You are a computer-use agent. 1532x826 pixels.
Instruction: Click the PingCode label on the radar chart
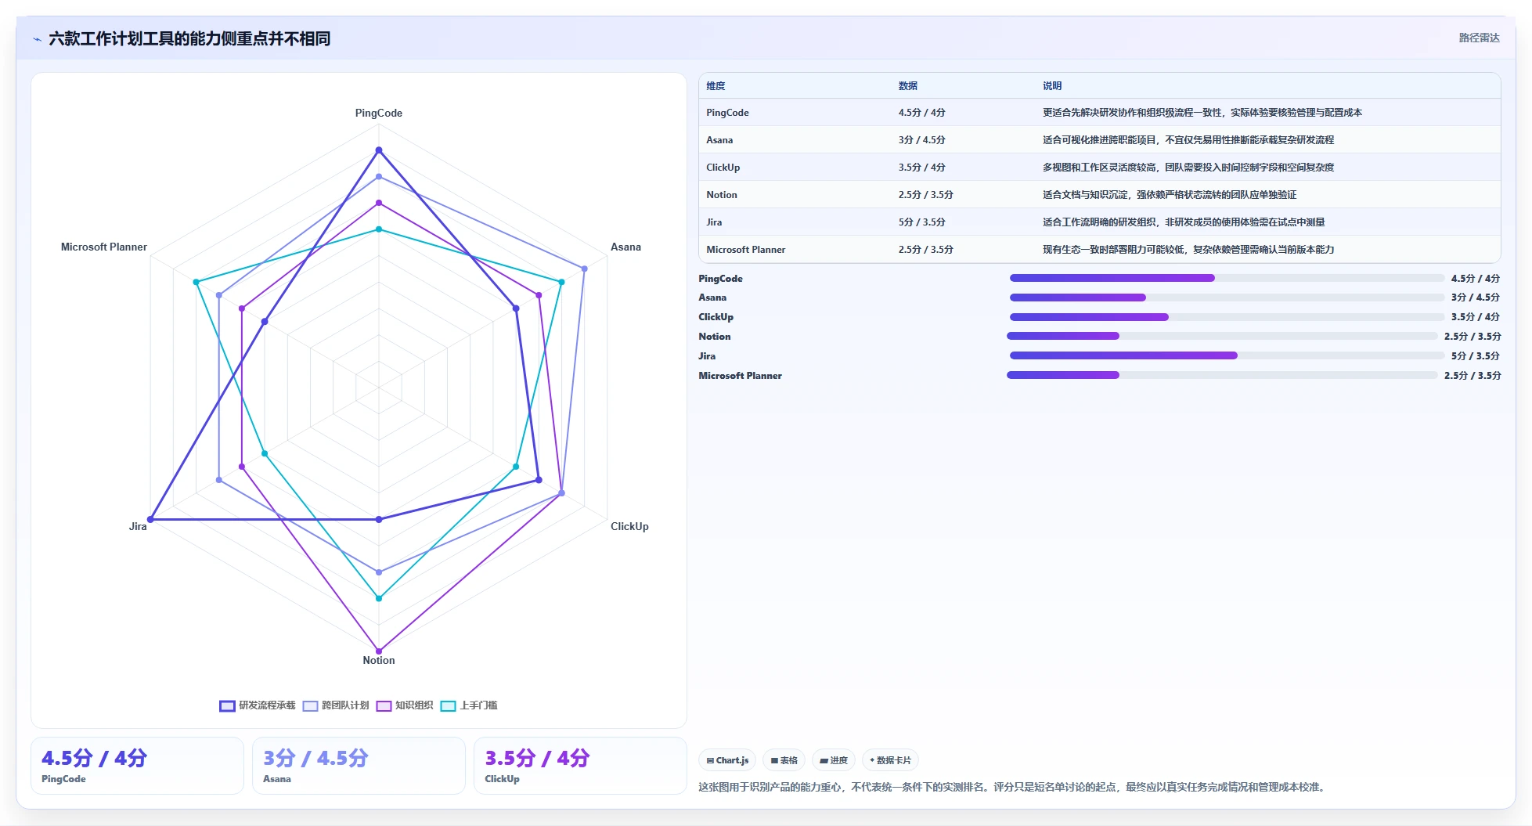tap(379, 113)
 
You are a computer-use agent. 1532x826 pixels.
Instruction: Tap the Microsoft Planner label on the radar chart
tap(104, 247)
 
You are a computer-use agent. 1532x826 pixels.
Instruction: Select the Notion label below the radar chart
tap(379, 660)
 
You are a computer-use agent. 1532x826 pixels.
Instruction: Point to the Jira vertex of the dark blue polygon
tap(151, 519)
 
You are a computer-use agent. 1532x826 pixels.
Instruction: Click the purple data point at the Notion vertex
tap(379, 651)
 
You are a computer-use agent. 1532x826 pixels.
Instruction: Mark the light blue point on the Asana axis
tap(584, 269)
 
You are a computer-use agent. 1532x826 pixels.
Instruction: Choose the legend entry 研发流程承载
tap(258, 705)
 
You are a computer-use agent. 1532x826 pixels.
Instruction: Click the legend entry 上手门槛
tap(469, 705)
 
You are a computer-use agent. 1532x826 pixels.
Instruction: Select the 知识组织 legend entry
tap(405, 705)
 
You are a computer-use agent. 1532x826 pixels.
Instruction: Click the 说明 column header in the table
tap(1052, 86)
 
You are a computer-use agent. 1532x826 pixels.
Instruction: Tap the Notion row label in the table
tap(722, 195)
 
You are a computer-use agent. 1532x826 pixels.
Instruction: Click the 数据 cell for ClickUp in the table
tap(922, 168)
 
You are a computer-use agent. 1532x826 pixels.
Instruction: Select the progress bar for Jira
tap(1227, 355)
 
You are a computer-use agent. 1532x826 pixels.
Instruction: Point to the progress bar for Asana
tap(1227, 298)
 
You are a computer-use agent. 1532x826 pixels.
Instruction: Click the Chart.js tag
tap(727, 760)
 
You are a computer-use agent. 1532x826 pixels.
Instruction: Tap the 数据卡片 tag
tap(890, 760)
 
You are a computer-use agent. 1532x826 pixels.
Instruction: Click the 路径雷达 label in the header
tap(1479, 38)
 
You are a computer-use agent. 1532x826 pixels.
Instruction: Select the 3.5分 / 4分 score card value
tap(537, 758)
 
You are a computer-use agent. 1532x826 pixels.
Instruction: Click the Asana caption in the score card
tap(277, 779)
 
